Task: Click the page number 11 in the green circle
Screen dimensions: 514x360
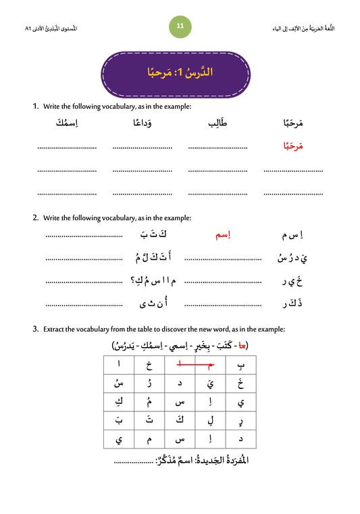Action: tap(180, 26)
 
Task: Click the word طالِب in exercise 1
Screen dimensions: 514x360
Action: tap(217, 123)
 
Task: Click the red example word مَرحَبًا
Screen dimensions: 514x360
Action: tap(292, 145)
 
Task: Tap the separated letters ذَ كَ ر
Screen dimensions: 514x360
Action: tap(291, 304)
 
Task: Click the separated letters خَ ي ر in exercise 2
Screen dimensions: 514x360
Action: tap(291, 281)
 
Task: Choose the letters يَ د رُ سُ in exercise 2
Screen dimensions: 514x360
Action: tap(290, 257)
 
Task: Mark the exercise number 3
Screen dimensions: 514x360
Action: tap(35, 329)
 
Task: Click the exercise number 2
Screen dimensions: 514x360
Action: tap(35, 218)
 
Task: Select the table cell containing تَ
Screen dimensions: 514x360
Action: tap(150, 420)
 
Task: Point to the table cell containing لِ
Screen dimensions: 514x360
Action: tap(210, 420)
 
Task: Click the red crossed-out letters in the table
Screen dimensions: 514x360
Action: tap(195, 365)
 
